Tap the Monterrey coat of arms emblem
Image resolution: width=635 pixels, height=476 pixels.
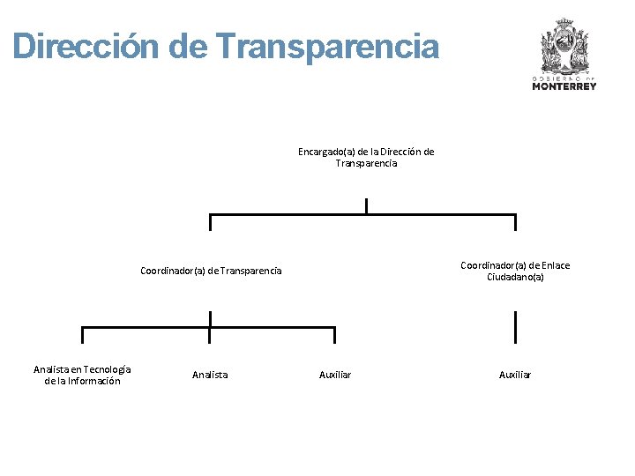click(564, 46)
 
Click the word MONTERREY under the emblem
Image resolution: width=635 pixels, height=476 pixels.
click(564, 86)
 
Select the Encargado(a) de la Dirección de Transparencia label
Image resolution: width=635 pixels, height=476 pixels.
click(366, 157)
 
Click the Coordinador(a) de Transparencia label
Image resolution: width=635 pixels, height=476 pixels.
click(211, 271)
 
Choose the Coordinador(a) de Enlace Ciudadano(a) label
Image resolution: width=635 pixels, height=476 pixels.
click(515, 271)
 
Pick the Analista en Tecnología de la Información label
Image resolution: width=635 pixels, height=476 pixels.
click(82, 375)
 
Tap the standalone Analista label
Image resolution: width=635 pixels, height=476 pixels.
click(210, 375)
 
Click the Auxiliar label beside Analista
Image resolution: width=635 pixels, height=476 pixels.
click(334, 375)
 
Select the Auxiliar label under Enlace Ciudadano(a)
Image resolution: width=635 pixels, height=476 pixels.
click(515, 375)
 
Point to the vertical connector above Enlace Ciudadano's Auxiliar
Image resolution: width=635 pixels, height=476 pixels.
click(515, 326)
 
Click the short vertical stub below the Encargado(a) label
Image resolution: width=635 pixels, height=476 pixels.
click(366, 206)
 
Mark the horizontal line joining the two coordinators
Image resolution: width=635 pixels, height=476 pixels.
click(362, 215)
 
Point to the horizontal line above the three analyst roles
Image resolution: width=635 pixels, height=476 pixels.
click(209, 328)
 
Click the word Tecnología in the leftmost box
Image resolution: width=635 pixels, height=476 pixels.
click(107, 368)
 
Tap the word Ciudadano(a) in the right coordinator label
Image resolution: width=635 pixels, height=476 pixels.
click(515, 277)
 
